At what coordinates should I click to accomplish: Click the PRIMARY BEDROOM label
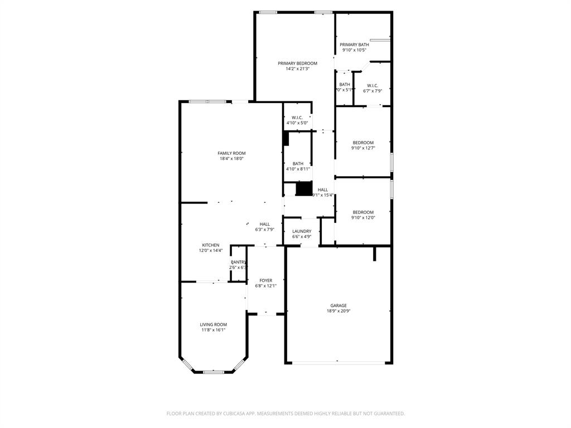[x=297, y=63]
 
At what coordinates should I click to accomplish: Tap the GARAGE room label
[x=338, y=305]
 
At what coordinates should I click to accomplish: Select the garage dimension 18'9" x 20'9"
[x=338, y=312]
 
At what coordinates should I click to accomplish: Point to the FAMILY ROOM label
[x=231, y=153]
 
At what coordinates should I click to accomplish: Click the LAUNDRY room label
[x=302, y=231]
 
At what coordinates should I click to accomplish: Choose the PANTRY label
[x=239, y=262]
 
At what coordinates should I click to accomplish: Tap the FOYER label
[x=266, y=280]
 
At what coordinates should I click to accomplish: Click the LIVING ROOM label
[x=214, y=324]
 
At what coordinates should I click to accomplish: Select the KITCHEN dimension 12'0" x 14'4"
[x=211, y=251]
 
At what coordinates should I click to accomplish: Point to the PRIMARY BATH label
[x=354, y=45]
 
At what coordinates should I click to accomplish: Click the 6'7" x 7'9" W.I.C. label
[x=372, y=91]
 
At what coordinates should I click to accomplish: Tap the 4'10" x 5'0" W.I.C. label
[x=297, y=123]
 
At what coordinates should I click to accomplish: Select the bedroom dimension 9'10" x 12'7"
[x=363, y=148]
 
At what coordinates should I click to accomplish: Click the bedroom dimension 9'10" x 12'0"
[x=363, y=218]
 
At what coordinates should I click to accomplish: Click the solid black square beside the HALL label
[x=303, y=189]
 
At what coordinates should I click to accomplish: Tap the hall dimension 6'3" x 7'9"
[x=265, y=230]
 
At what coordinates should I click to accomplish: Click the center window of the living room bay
[x=214, y=372]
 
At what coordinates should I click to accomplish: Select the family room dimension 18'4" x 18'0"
[x=231, y=159]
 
